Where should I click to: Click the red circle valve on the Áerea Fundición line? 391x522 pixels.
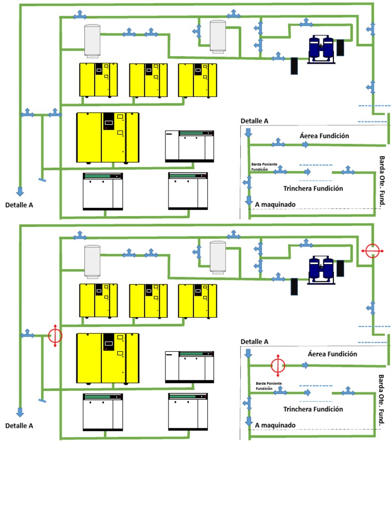278,365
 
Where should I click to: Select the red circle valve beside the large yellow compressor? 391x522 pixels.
55,335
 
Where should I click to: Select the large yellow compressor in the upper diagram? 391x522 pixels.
107,138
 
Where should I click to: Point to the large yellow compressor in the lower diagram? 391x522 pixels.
107,358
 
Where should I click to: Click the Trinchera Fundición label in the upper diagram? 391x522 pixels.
313,189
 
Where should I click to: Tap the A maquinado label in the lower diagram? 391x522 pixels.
275,425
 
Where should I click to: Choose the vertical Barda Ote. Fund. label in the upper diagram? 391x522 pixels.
382,181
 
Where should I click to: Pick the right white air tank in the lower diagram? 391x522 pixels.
217,257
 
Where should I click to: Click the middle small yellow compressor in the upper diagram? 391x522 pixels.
148,80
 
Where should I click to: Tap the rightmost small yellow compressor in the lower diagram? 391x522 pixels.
197,301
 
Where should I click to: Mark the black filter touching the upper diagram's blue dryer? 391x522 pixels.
340,48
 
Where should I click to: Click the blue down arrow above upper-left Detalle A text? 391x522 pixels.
20,191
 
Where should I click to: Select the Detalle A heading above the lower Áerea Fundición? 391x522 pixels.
254,342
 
